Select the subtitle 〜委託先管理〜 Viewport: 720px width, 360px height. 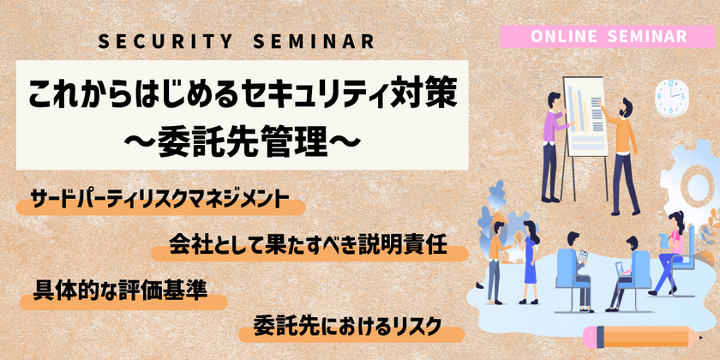pyautogui.click(x=243, y=139)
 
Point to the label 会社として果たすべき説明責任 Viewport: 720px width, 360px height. pyautogui.click(x=309, y=251)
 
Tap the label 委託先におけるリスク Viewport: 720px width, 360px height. pyautogui.click(x=347, y=327)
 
